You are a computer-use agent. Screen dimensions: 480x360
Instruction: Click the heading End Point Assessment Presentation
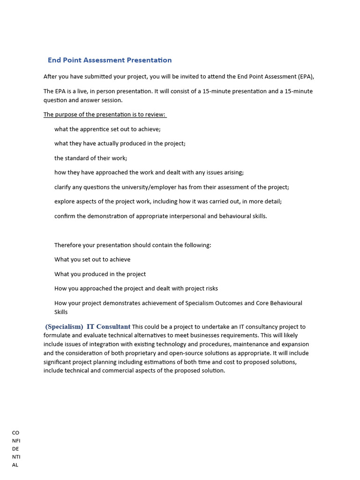click(x=110, y=60)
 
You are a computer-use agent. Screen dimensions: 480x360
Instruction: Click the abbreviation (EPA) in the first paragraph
click(x=306, y=76)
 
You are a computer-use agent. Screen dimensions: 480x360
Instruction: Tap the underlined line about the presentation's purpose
click(x=105, y=114)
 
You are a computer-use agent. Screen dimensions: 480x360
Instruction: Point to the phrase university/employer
click(x=141, y=187)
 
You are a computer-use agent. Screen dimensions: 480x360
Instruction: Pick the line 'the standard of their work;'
click(x=90, y=158)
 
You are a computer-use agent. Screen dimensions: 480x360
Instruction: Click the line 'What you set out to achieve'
click(x=92, y=260)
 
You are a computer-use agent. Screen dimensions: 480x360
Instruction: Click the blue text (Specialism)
click(x=64, y=327)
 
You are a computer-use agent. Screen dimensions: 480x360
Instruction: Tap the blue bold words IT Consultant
click(x=108, y=327)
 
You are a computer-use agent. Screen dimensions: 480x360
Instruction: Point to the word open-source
click(x=208, y=353)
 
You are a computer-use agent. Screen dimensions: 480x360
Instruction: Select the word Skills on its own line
click(x=61, y=312)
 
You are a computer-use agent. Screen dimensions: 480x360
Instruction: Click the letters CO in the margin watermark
click(x=15, y=433)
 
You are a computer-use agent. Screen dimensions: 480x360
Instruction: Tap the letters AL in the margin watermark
click(x=15, y=465)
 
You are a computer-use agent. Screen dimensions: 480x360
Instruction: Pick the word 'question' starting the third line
click(x=56, y=100)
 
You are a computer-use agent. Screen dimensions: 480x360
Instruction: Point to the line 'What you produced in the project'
click(x=100, y=274)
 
